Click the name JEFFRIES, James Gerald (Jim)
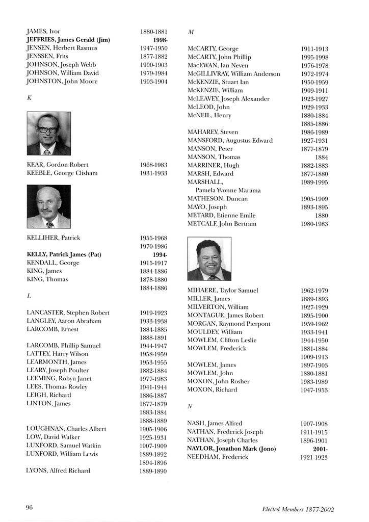[x=68, y=40]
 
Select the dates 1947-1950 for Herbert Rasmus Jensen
[x=153, y=48]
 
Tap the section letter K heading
[x=29, y=98]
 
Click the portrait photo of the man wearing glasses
[x=48, y=134]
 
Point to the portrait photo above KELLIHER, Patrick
[x=48, y=206]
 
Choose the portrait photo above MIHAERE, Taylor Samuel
[x=209, y=259]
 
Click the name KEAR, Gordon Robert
[x=57, y=165]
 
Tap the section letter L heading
[x=29, y=296]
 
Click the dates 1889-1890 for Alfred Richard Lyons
[x=153, y=471]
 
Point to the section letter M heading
[x=191, y=32]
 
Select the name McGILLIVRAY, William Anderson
[x=233, y=74]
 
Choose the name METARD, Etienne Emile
[x=221, y=216]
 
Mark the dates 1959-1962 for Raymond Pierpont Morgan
[x=314, y=324]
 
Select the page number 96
[x=30, y=507]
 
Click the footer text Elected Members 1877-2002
[x=298, y=509]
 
